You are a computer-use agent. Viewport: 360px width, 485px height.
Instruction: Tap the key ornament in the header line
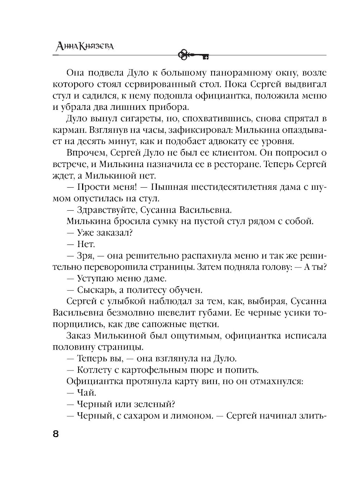tap(194, 55)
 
